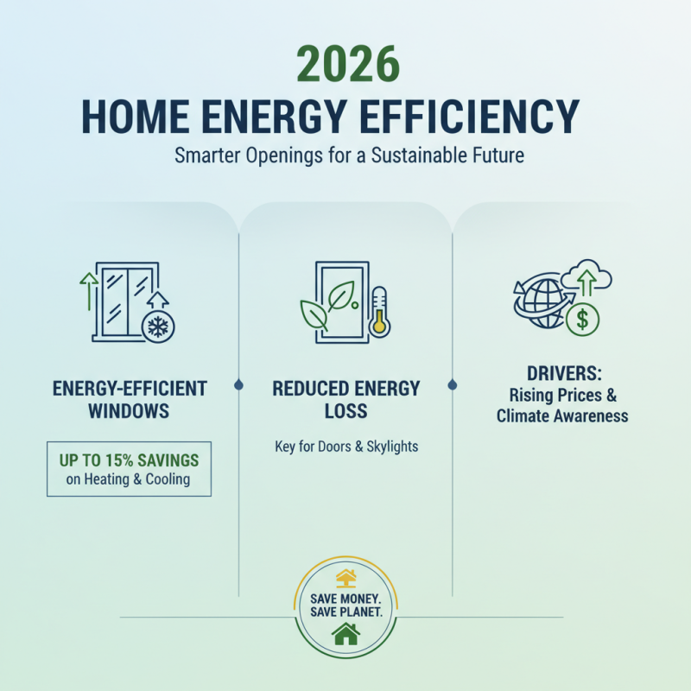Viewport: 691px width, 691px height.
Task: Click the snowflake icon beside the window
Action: [x=159, y=326]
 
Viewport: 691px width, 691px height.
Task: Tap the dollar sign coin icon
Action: [x=583, y=320]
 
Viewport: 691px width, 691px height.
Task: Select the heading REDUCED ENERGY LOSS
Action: [x=345, y=399]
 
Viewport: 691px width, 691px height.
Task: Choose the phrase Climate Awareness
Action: [x=562, y=416]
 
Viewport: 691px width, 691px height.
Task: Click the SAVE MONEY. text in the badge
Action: [x=345, y=597]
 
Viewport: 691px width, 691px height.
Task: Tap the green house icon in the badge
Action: [x=345, y=635]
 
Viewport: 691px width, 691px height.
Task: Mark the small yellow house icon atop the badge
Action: [x=345, y=576]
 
